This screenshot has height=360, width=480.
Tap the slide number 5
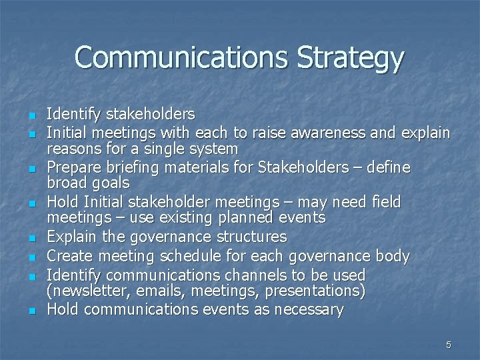pyautogui.click(x=449, y=345)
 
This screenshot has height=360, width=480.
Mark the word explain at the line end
pyautogui.click(x=425, y=132)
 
